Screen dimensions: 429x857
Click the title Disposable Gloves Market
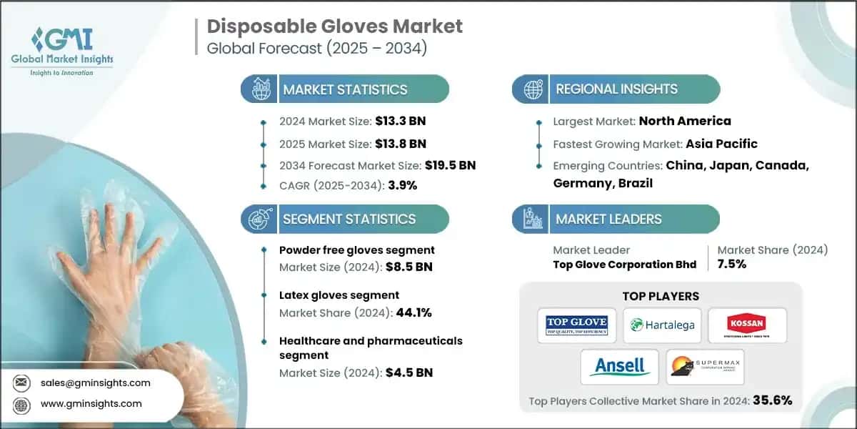[x=335, y=26]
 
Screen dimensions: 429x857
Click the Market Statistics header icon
[x=259, y=89]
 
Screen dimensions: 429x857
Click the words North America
[x=684, y=121]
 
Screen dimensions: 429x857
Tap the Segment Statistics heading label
[x=349, y=219]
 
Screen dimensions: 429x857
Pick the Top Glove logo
[x=576, y=325]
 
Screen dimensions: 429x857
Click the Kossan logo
[x=747, y=325]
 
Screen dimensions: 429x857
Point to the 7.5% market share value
[x=732, y=264]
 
